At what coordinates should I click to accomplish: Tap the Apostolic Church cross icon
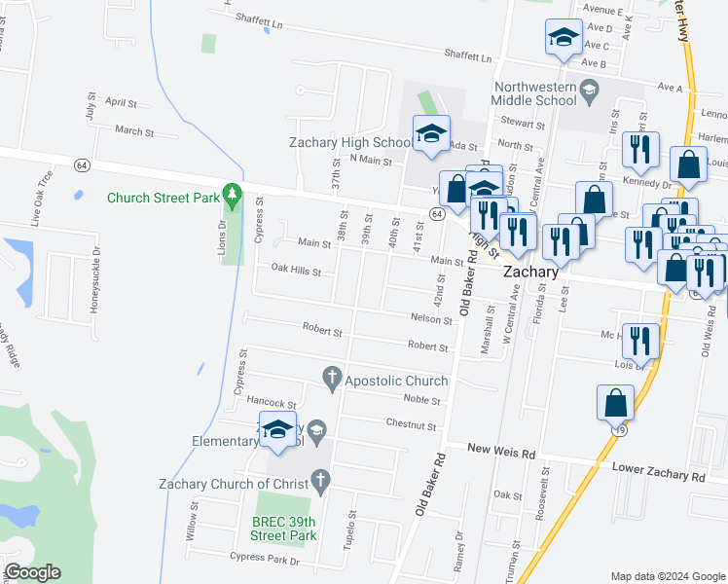click(x=332, y=379)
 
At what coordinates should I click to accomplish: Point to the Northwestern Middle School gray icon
click(x=588, y=91)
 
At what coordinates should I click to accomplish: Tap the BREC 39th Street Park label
click(x=284, y=528)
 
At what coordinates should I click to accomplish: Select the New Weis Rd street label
click(x=501, y=453)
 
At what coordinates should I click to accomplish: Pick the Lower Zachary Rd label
click(x=658, y=473)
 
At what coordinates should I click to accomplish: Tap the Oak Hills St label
click(x=296, y=271)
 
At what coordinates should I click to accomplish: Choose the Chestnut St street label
click(x=412, y=425)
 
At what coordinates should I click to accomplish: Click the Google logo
click(x=32, y=572)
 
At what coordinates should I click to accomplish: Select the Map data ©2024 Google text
click(x=668, y=576)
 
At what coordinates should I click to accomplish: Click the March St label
click(x=134, y=130)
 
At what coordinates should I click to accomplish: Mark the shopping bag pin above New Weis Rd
click(x=616, y=401)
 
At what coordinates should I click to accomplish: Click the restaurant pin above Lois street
click(x=638, y=340)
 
